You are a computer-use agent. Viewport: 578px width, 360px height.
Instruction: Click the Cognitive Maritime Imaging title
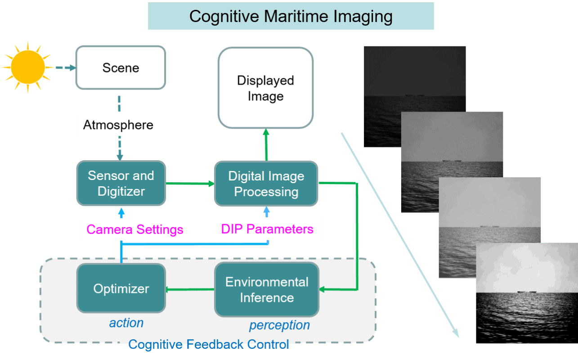point(291,16)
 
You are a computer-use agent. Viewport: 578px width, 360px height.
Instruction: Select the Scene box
point(121,68)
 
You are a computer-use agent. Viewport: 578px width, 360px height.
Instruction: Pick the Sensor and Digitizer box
point(121,184)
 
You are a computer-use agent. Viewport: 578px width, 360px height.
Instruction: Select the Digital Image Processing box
point(266,184)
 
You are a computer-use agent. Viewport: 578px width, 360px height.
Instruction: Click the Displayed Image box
point(265,88)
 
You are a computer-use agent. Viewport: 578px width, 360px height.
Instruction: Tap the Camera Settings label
point(135,229)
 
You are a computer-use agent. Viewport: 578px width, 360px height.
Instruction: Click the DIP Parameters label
point(267,229)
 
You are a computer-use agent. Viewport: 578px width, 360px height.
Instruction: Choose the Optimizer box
point(121,288)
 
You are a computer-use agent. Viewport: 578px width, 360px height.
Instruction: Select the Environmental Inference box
point(266,290)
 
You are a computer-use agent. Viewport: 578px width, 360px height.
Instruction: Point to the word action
point(126,323)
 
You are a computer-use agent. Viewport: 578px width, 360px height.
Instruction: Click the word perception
point(279,325)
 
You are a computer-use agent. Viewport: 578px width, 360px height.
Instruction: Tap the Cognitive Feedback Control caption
point(209,345)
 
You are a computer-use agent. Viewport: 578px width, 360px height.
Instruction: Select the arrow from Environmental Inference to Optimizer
point(189,289)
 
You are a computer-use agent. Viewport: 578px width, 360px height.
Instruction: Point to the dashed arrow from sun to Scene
point(65,68)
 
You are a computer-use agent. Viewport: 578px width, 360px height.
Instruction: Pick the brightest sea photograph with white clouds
point(526,292)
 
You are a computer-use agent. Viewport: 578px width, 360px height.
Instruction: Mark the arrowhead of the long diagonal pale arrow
point(457,334)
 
